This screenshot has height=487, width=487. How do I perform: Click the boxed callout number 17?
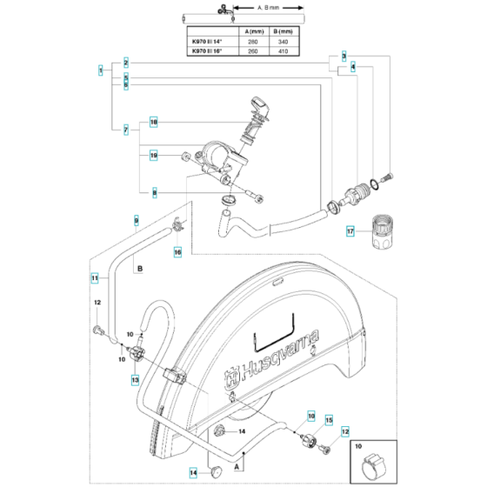click(x=350, y=232)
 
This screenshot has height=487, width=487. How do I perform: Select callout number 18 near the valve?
click(x=154, y=123)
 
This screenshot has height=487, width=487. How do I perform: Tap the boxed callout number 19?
click(x=153, y=157)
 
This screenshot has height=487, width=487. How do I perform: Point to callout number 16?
click(x=177, y=252)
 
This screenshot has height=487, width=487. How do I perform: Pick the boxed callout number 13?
click(x=136, y=380)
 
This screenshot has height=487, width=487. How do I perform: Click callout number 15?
click(x=329, y=419)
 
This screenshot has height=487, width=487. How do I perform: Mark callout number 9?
click(x=136, y=220)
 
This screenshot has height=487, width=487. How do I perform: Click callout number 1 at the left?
click(x=103, y=70)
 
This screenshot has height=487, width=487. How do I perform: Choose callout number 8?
click(x=154, y=192)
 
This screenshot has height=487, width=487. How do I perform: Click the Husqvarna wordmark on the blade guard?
click(x=272, y=355)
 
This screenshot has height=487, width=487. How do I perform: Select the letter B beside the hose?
click(x=139, y=271)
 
